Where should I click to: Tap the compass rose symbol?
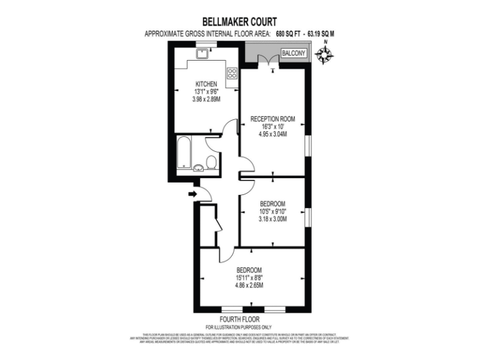(324, 56)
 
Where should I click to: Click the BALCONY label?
(294, 54)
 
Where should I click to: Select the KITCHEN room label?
(206, 84)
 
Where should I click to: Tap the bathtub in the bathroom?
(184, 154)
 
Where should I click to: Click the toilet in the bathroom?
(212, 162)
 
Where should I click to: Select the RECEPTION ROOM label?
(272, 119)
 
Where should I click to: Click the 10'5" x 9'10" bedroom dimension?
(272, 212)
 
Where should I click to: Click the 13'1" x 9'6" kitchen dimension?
(206, 92)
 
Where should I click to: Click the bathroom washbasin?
(199, 167)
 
